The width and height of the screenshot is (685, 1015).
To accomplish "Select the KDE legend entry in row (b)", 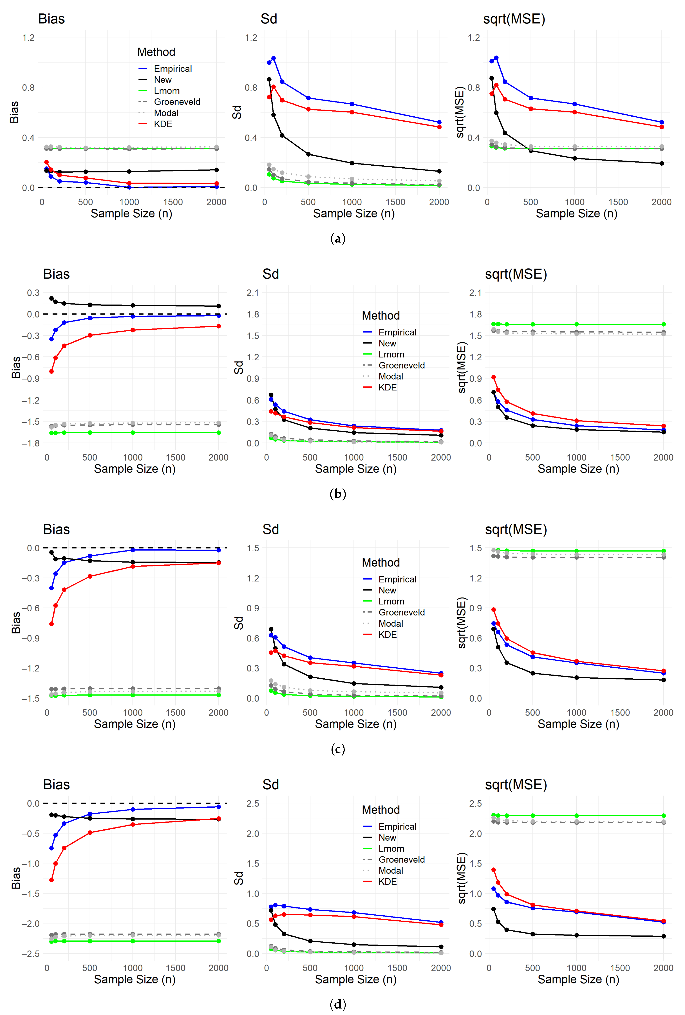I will click(387, 387).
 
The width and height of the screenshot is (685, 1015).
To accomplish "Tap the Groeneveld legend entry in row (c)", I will click(401, 612).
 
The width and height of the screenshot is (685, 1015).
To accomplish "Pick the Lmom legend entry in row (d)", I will click(391, 849).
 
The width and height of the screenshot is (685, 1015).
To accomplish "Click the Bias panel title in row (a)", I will click(52, 19).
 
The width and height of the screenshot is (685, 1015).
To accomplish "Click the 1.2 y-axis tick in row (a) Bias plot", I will click(28, 37).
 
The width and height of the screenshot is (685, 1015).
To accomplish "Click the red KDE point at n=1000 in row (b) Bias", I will click(133, 330).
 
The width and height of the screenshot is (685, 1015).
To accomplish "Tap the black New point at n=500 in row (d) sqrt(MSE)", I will click(533, 934).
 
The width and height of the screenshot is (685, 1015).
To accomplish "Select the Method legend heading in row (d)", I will click(381, 810).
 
